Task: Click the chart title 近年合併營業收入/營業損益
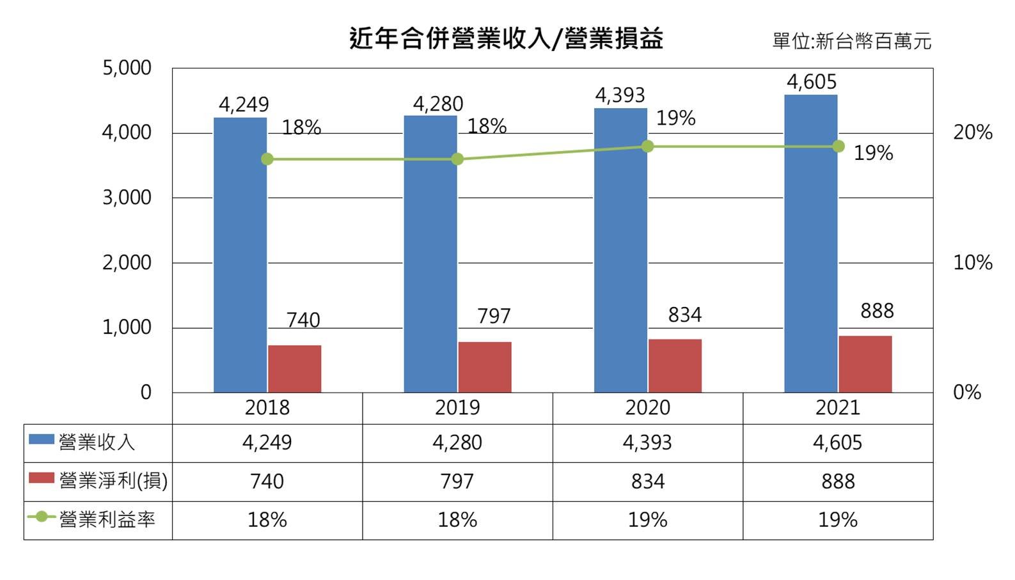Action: point(506,38)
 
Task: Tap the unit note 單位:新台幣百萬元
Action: point(851,42)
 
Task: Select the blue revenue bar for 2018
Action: point(240,256)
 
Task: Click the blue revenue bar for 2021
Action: point(810,243)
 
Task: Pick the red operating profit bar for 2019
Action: point(484,367)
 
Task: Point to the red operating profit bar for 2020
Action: point(675,366)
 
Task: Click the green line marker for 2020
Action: point(647,146)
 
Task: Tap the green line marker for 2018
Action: point(267,159)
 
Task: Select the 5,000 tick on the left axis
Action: point(127,68)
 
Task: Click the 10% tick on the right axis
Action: point(972,263)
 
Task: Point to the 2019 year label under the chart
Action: point(457,408)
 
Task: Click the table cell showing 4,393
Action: point(647,443)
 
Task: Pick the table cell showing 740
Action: point(267,482)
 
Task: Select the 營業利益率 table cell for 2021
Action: point(837,520)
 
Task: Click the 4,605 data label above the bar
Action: point(811,82)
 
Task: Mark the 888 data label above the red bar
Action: point(876,311)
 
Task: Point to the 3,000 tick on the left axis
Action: point(127,198)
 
